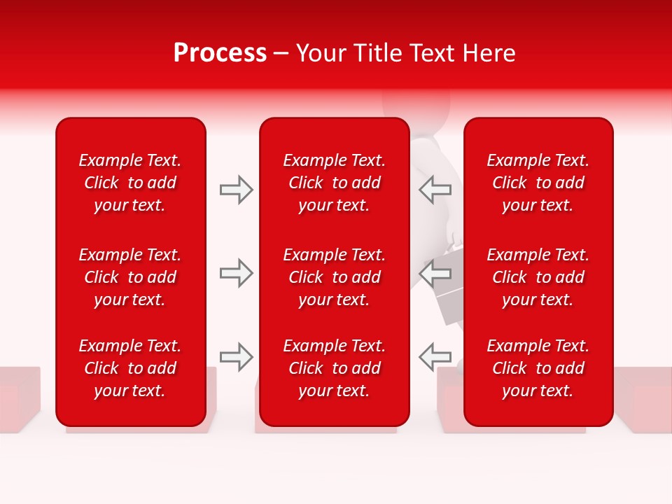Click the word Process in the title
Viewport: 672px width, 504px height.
(220, 53)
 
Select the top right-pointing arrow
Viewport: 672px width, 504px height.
(236, 190)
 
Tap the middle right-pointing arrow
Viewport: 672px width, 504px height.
(236, 273)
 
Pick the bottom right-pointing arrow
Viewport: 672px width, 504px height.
(236, 357)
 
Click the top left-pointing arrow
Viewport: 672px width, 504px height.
(435, 190)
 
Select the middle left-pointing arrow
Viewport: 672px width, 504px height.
(435, 273)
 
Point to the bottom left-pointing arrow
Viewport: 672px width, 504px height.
(435, 357)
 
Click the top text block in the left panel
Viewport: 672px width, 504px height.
(130, 183)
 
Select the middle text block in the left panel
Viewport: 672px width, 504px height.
(130, 277)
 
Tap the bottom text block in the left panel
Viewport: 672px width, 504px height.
(130, 368)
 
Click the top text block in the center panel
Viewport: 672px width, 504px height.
(334, 183)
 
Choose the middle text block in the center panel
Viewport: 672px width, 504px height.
(334, 277)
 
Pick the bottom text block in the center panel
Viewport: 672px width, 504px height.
(334, 368)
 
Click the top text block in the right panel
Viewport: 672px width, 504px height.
(538, 183)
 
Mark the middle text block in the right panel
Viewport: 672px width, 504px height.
(538, 277)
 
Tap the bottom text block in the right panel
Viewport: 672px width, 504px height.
(538, 368)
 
